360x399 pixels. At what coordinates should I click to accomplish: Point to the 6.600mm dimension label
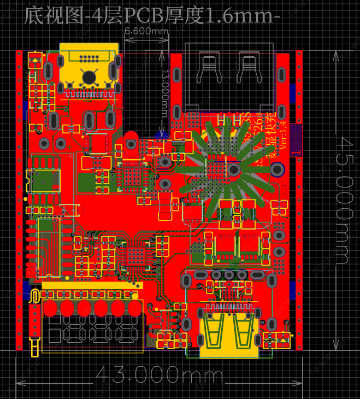tap(146, 32)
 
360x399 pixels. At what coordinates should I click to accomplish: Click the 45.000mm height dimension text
tap(343, 199)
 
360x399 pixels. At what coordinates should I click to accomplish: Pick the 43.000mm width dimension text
tap(160, 375)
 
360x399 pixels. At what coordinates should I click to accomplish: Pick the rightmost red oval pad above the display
tap(134, 308)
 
